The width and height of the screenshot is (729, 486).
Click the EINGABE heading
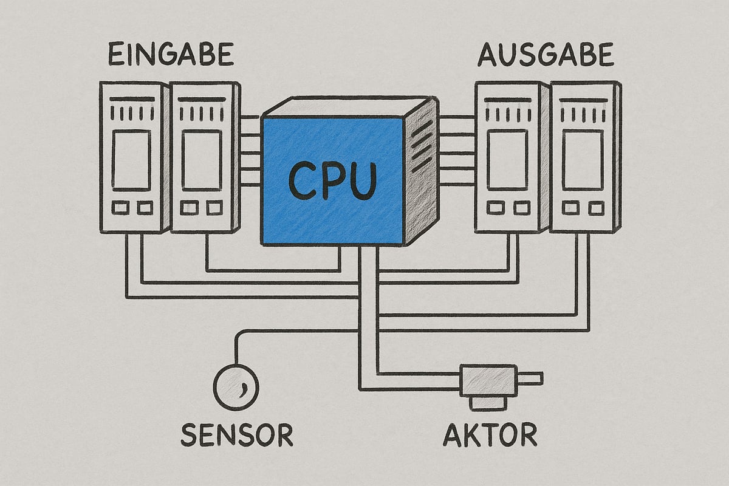pyautogui.click(x=171, y=55)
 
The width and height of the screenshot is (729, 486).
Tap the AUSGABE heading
pyautogui.click(x=545, y=55)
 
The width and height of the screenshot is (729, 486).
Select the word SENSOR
pyautogui.click(x=237, y=435)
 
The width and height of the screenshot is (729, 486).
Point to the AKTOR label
pyautogui.click(x=490, y=435)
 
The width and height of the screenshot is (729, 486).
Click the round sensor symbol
pyautogui.click(x=236, y=386)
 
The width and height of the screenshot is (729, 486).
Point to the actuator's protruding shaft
pyautogui.click(x=529, y=379)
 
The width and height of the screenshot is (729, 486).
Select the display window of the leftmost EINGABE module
pyautogui.click(x=132, y=159)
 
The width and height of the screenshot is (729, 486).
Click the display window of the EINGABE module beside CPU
pyautogui.click(x=202, y=159)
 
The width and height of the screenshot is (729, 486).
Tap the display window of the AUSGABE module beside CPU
pyautogui.click(x=508, y=159)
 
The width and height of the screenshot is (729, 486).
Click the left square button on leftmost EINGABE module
pyautogui.click(x=121, y=208)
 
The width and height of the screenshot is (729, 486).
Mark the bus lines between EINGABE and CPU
pyautogui.click(x=250, y=150)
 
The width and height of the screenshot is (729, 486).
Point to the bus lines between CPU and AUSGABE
pyautogui.click(x=456, y=150)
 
